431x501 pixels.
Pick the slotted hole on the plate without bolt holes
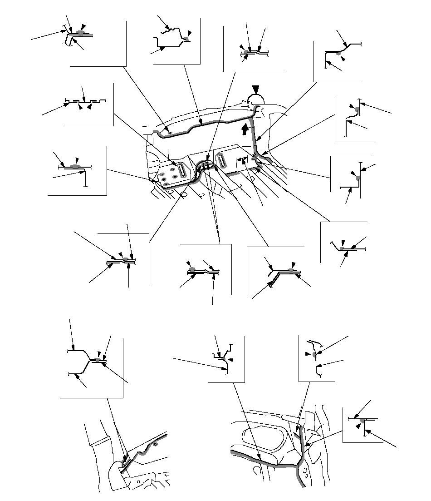click(222, 161)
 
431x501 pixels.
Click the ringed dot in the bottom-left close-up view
click(155, 445)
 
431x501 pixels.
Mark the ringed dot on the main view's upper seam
click(170, 132)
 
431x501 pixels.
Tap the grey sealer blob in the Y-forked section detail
click(98, 360)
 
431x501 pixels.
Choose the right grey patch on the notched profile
click(93, 100)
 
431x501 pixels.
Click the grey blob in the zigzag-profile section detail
click(187, 39)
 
